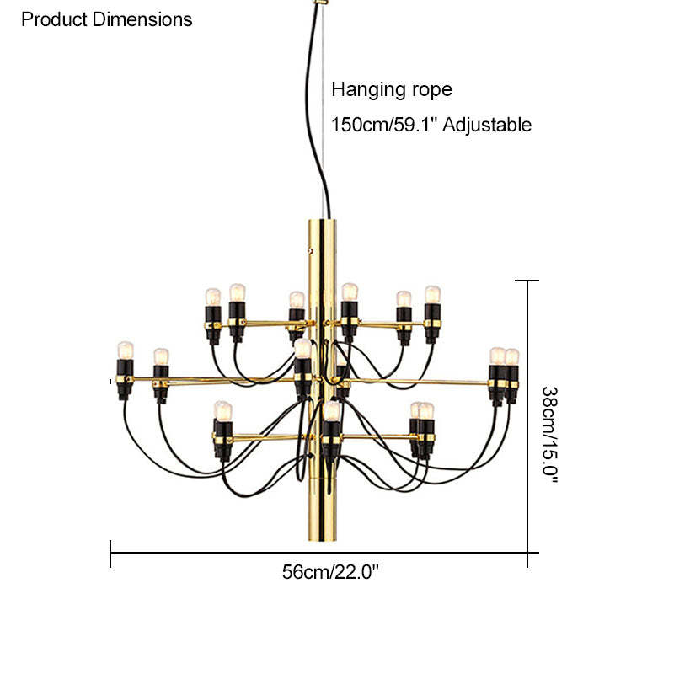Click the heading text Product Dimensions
[106, 19]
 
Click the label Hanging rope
[392, 89]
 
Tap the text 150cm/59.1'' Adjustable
[431, 126]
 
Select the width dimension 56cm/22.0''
[330, 572]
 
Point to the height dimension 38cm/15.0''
[550, 433]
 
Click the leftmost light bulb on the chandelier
[126, 350]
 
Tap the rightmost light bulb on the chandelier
[511, 357]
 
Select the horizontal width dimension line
[253, 553]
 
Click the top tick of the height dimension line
[527, 281]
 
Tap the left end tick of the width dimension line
[110, 553]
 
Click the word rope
[432, 90]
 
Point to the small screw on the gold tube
[310, 249]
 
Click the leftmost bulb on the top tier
[212, 297]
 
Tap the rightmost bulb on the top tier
[432, 295]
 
